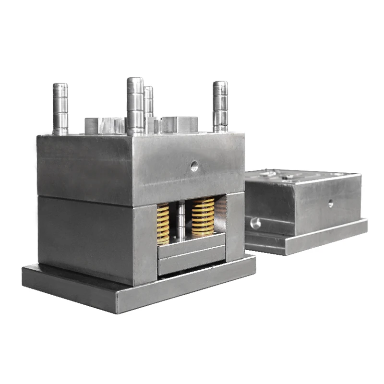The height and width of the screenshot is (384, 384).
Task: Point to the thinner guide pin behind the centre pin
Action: [149, 101]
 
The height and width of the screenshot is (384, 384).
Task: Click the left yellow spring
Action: [163, 223]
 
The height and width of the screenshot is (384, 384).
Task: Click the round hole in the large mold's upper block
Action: [194, 167]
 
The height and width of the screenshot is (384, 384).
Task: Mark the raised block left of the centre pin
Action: [105, 126]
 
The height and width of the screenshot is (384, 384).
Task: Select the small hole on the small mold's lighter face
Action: [331, 204]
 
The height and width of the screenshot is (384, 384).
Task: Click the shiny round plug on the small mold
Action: [256, 223]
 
